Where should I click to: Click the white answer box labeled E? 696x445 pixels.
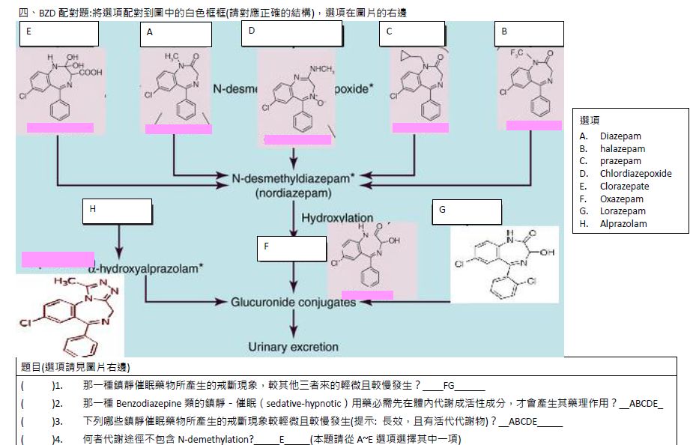pyautogui.click(x=58, y=34)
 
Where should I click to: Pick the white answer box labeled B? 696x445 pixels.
pyautogui.click(x=529, y=34)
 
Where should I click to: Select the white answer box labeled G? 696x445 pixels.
pyautogui.click(x=467, y=212)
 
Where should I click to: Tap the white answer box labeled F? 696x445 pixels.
pyautogui.click(x=291, y=249)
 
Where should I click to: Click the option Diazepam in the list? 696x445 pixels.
pyautogui.click(x=620, y=136)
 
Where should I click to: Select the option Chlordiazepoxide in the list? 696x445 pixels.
pyautogui.click(x=635, y=174)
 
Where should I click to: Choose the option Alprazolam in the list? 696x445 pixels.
pyautogui.click(x=623, y=224)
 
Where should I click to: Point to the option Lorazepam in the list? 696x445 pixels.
pyautogui.click(x=622, y=211)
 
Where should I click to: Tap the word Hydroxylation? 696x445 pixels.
pyautogui.click(x=337, y=217)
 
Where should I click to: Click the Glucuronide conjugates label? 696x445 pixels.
pyautogui.click(x=293, y=302)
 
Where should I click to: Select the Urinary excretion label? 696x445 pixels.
pyautogui.click(x=293, y=347)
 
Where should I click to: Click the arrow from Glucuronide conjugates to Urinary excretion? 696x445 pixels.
pyautogui.click(x=293, y=324)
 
